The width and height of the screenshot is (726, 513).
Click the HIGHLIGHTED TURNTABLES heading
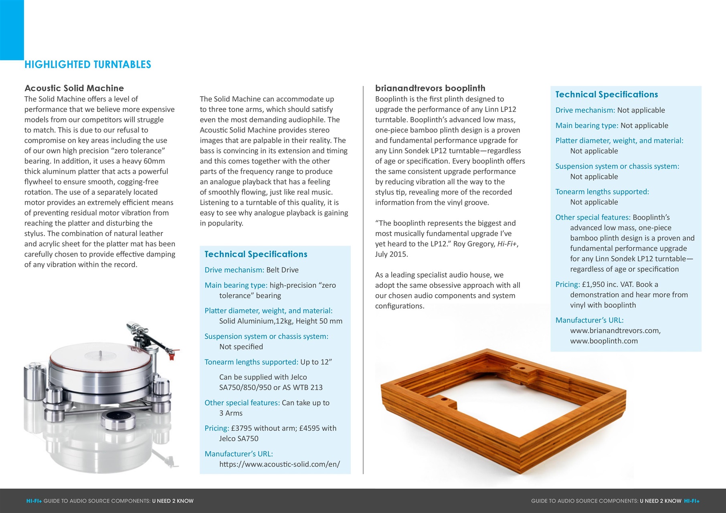pyautogui.click(x=88, y=65)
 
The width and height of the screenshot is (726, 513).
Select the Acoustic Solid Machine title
pyautogui.click(x=74, y=88)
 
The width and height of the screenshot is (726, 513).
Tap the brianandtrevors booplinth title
pyautogui.click(x=430, y=88)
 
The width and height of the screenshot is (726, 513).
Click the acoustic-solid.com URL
pyautogui.click(x=279, y=464)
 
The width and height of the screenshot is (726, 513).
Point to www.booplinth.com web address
pyautogui.click(x=604, y=341)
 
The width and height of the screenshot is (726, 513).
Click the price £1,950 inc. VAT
pyautogui.click(x=607, y=284)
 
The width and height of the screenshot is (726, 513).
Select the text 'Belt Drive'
pyautogui.click(x=282, y=270)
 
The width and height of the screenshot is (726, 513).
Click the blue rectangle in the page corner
pyautogui.click(x=12, y=30)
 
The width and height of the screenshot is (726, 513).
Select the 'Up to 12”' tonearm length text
pyautogui.click(x=316, y=362)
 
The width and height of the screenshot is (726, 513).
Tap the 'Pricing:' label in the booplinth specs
pyautogui.click(x=567, y=284)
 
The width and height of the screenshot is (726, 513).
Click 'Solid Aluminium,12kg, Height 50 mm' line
pyautogui.click(x=281, y=321)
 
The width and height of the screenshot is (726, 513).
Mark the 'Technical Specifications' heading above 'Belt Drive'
pyautogui.click(x=256, y=254)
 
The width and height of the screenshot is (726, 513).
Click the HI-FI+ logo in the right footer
pyautogui.click(x=692, y=501)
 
